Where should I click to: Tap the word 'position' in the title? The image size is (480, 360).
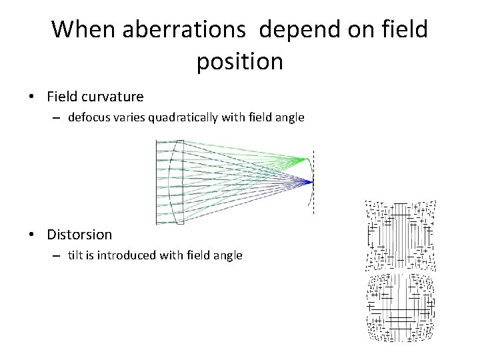(x=240, y=61)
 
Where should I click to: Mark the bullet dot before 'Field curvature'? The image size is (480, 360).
(x=32, y=97)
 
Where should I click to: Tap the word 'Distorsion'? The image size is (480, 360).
(x=79, y=235)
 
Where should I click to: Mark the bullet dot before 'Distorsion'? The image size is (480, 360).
(x=32, y=235)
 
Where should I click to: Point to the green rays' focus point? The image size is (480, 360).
(x=307, y=159)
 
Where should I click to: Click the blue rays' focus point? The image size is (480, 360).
(x=311, y=181)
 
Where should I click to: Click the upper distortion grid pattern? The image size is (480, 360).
(x=400, y=235)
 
